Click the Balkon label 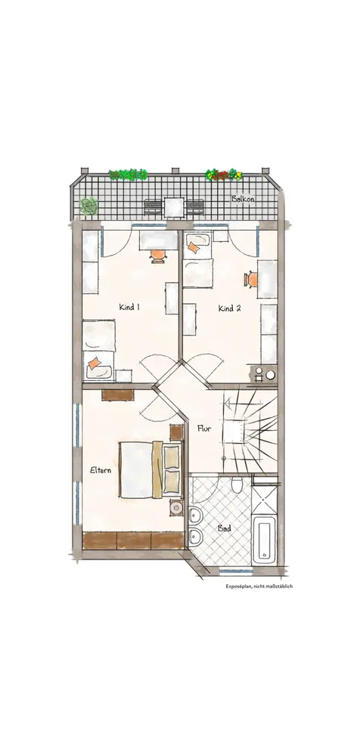coord(244,199)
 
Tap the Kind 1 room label coord(129,306)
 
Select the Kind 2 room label coord(229,308)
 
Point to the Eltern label coord(101,470)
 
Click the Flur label coord(204,428)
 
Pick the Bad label coord(224,528)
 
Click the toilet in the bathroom coord(237,485)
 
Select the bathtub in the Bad coord(265,539)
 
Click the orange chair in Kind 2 coord(251,279)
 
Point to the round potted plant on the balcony coord(88,206)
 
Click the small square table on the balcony coord(174,208)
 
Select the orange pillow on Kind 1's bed coord(94,363)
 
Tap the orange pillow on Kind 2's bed coord(193,247)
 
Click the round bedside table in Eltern coord(177,507)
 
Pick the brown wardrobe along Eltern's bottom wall coord(134,541)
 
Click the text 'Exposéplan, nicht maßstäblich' coord(259,587)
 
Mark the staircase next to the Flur coord(250,431)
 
